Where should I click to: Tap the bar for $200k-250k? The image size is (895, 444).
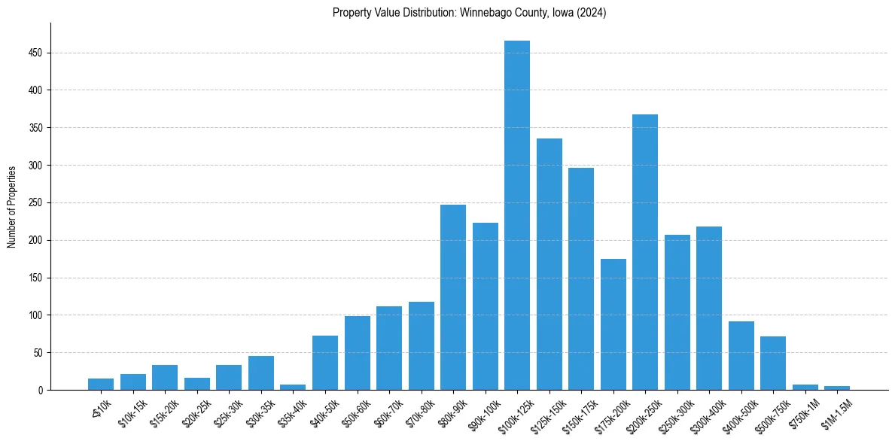(645, 252)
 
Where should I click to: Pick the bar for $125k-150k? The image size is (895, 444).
(549, 264)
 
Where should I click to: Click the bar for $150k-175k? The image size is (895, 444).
(581, 278)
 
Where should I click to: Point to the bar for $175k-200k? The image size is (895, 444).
(613, 324)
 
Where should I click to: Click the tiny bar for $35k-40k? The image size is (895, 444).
(293, 387)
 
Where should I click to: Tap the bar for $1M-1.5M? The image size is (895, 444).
(837, 388)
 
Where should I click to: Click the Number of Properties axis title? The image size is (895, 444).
(12, 207)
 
